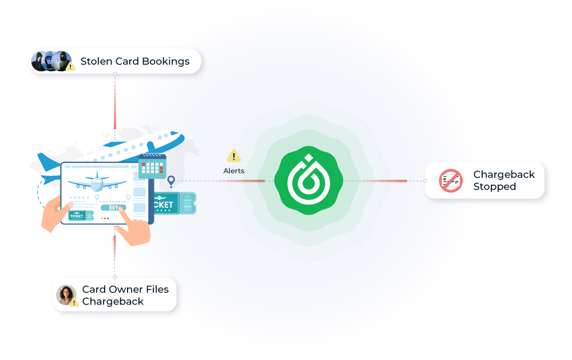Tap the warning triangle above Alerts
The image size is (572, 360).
(233, 156)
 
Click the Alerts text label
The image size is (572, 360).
(233, 171)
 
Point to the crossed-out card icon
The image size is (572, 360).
(450, 180)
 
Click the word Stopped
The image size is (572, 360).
(494, 187)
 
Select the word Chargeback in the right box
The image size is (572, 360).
(504, 175)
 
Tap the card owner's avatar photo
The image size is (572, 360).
(66, 294)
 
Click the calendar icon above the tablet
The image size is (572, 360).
(152, 165)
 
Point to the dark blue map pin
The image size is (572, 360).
(170, 181)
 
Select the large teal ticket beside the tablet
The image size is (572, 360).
(171, 204)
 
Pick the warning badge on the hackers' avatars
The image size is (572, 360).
(70, 66)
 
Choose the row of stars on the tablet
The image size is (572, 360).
(80, 197)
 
